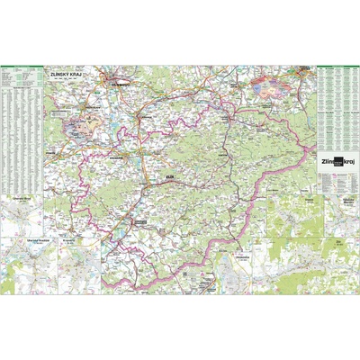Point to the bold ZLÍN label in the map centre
(169, 178)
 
